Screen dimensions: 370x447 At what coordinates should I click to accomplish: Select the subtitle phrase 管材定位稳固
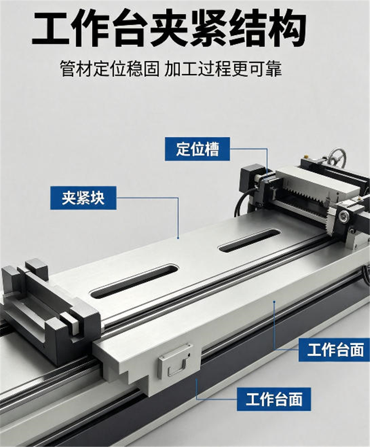tap(110, 69)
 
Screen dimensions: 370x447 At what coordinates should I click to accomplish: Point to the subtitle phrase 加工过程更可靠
tap(223, 69)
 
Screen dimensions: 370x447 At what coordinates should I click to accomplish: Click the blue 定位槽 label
tap(197, 149)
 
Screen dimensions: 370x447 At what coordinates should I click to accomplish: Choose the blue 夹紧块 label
tap(83, 198)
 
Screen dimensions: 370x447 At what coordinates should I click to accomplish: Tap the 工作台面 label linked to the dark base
tap(274, 399)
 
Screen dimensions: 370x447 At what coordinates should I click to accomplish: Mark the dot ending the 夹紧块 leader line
tap(178, 238)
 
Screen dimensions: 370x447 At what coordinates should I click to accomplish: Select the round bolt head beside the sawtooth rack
tap(345, 215)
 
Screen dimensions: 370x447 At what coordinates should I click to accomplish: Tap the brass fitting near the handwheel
tap(306, 157)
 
